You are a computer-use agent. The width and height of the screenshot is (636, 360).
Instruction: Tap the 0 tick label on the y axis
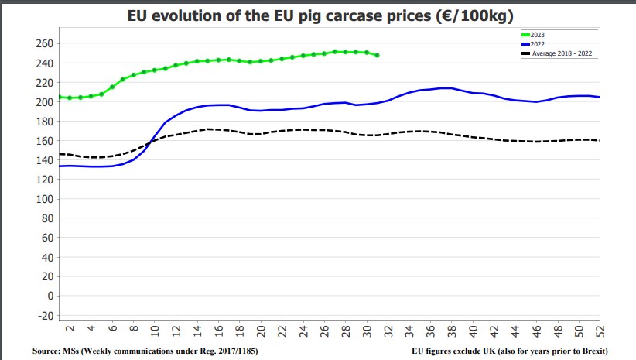(x=50, y=296)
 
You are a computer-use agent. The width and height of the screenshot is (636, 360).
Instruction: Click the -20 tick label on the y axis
(x=46, y=315)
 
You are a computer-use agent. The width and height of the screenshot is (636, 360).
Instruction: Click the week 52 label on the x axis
(x=600, y=332)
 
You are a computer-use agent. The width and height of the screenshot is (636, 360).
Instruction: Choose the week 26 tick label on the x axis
(x=324, y=332)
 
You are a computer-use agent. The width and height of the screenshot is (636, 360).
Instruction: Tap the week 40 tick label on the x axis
(x=473, y=332)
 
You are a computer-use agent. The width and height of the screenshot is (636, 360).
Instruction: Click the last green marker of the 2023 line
(x=377, y=55)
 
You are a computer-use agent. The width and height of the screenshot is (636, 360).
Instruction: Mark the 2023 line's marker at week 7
(x=123, y=79)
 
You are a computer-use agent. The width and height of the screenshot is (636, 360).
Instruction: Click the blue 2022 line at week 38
(x=452, y=88)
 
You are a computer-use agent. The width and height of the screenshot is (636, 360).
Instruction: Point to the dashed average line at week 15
(x=207, y=129)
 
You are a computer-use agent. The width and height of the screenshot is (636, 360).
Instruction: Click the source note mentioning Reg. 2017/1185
(x=145, y=351)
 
